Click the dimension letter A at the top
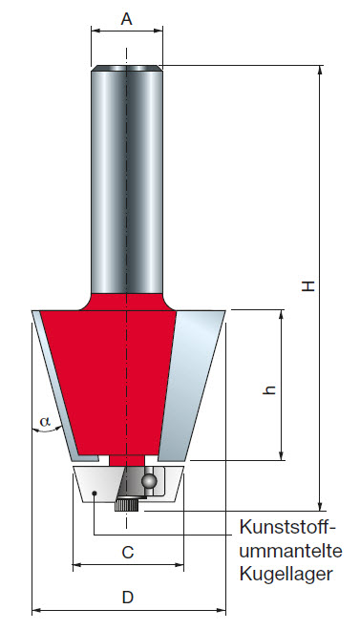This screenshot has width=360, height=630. pos(127,17)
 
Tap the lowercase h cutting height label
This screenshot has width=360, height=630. pos(269,388)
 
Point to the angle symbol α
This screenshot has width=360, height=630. pos(43,420)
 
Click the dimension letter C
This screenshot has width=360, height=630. pos(127,552)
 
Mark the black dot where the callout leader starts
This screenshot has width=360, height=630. pos(95,493)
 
